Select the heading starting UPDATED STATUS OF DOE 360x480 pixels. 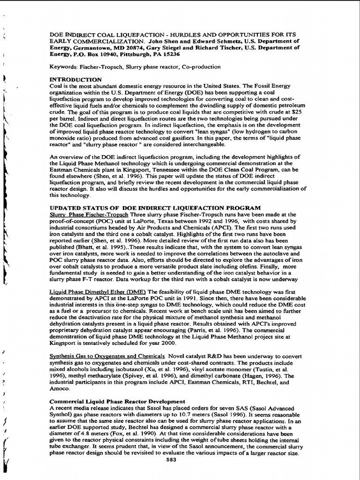click(155, 207)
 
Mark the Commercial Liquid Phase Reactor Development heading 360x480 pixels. click(117, 402)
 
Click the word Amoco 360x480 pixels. click(60, 389)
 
